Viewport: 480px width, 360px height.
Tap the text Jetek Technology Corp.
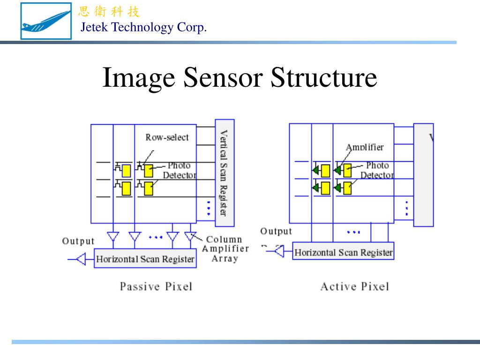tap(143, 28)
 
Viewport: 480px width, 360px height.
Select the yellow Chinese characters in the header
tap(109, 12)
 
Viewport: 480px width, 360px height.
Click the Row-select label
tap(167, 137)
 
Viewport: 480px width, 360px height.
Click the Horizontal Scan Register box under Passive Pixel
tap(145, 259)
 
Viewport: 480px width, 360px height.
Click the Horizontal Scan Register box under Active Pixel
tap(343, 253)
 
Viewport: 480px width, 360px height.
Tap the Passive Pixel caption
tap(156, 286)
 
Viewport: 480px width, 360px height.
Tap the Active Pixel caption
tap(354, 286)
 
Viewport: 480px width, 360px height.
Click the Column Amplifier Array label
tap(225, 249)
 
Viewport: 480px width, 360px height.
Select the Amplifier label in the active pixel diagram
tap(365, 147)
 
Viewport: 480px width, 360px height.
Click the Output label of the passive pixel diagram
tap(78, 241)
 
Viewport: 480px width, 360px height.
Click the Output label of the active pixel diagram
tap(276, 231)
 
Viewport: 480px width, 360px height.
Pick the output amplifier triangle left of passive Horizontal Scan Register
tap(81, 259)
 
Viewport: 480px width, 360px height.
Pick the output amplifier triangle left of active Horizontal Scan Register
tap(279, 252)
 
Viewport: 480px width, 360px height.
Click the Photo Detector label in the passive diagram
tap(179, 170)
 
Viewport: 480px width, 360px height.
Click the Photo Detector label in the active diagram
tap(377, 170)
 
